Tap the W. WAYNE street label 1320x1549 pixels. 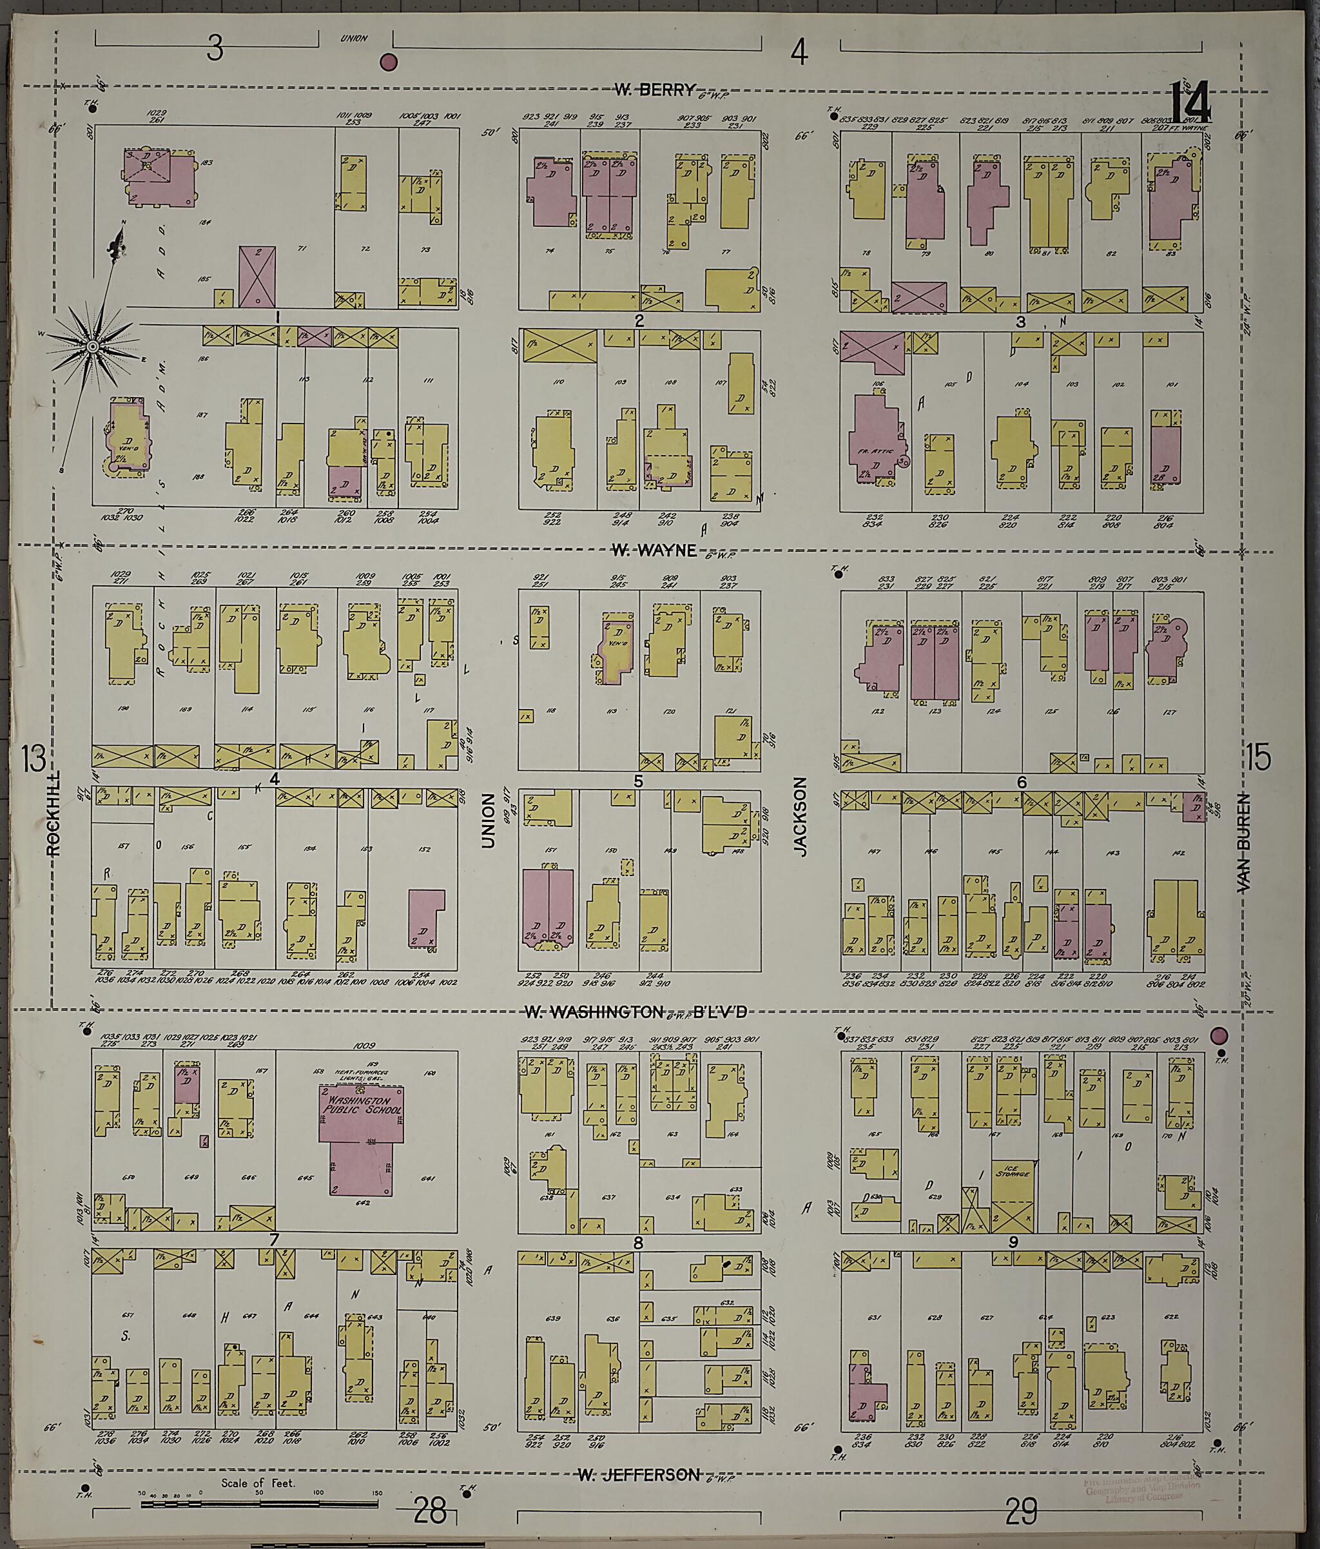coord(654,551)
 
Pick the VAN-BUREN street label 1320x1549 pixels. coord(1243,853)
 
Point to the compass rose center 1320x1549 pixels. coord(92,347)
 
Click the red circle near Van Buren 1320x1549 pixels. coord(1219,1035)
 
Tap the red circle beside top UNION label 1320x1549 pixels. coord(389,62)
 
